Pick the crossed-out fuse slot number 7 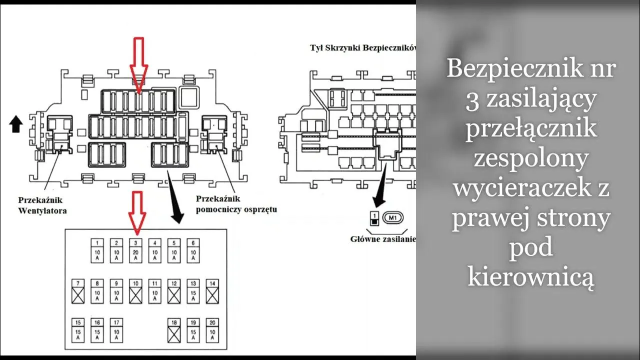[78, 291]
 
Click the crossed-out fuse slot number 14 [212, 291]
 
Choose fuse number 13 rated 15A [193, 291]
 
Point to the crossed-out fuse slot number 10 [135, 291]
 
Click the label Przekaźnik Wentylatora [42, 205]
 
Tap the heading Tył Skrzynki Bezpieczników [362, 48]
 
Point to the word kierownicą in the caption [530, 276]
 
